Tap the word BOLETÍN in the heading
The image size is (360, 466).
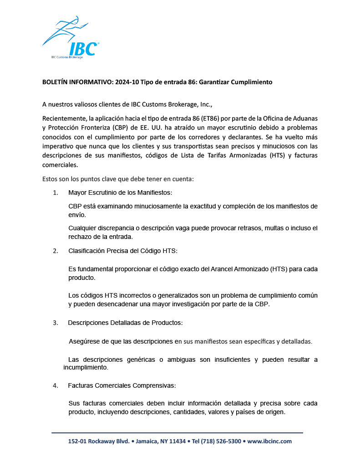(x=55, y=82)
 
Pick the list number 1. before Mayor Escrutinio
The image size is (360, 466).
(x=56, y=192)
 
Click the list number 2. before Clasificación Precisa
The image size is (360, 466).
(x=56, y=251)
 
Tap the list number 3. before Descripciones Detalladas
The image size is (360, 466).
(x=56, y=323)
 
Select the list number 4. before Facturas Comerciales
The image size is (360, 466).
(x=56, y=385)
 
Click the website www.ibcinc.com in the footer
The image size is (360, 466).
(x=269, y=441)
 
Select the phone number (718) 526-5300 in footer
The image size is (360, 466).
(x=220, y=441)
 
